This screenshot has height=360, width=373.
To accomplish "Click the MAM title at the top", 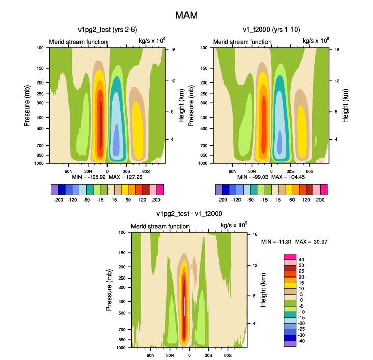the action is coord(186,15).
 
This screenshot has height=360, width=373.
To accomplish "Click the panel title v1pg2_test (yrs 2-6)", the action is coord(108,30).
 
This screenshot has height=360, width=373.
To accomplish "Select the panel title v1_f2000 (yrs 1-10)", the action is coord(271,30).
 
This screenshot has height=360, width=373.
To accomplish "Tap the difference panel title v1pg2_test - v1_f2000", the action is coord(189,214).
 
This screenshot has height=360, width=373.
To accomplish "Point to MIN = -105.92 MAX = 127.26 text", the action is coord(107,177).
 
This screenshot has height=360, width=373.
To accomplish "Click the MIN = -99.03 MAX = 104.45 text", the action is coord(271,177).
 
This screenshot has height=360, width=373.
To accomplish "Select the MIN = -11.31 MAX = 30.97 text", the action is coord(294,242).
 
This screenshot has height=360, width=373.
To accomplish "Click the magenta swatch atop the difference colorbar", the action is coord(290,257).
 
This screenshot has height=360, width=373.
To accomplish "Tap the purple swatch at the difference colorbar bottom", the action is coord(290,344).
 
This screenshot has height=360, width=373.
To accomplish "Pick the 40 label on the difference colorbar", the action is coord(301,259).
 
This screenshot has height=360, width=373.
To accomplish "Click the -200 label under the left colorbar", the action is coord(58,200).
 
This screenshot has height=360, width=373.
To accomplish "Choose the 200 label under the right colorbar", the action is coord(320,200).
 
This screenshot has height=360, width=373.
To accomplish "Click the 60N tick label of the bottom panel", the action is coord(150,355).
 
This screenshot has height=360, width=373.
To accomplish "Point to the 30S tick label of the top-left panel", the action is coord(126,171).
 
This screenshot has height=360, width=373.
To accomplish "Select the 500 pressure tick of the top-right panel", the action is coord(204,129).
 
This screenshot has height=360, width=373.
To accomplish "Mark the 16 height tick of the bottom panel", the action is coord(255,234).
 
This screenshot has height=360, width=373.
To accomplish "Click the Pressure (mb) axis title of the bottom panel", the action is coord(109,290).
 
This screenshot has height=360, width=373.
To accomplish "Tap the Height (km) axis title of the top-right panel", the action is coord(345,105).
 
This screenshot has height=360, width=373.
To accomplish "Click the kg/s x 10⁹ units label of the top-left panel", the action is coord(152,40).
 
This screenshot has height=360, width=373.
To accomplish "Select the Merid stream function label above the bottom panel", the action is coord(160,226).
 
